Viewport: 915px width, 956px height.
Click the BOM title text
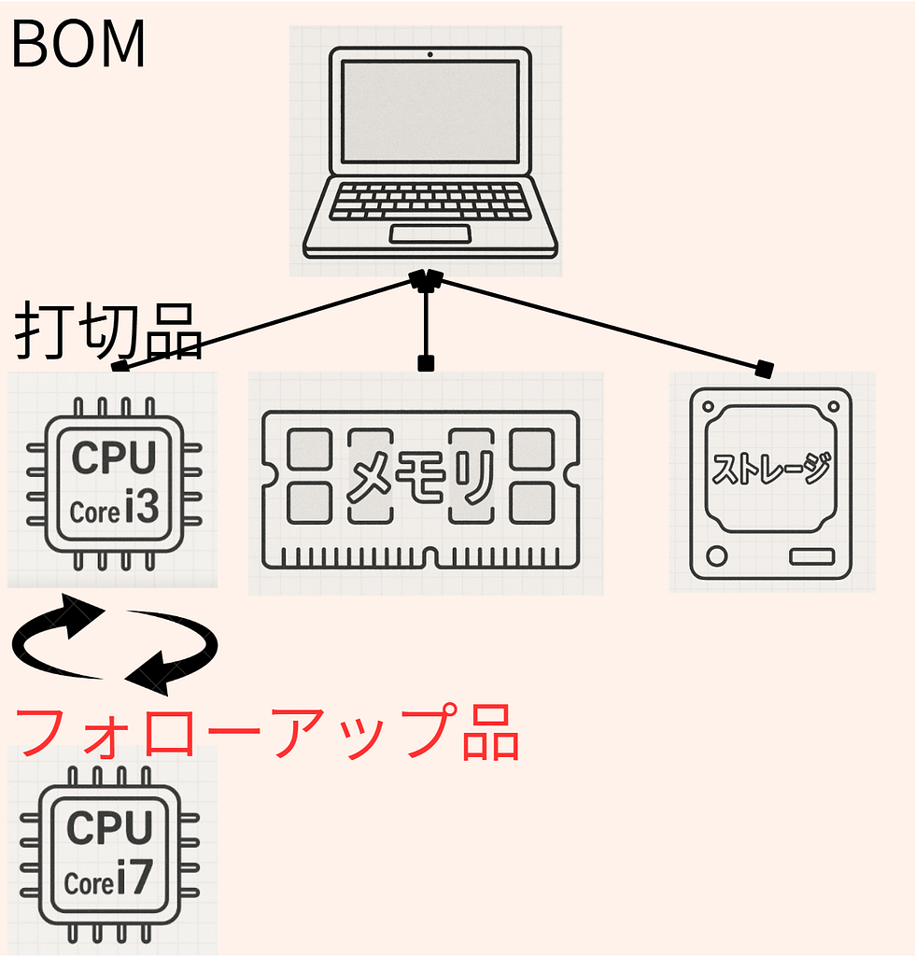coord(78,45)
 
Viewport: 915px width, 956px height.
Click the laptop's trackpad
coord(429,233)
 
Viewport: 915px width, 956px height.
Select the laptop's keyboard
coord(429,201)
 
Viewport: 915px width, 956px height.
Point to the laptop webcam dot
coord(429,53)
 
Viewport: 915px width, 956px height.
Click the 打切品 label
coord(108,330)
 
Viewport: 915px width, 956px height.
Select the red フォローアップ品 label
coord(267,732)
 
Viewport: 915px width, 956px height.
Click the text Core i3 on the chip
coord(115,511)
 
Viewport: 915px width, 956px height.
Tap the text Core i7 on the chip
coord(108,880)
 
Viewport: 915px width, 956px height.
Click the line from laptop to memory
coord(426,322)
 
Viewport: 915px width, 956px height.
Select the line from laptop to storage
coord(598,322)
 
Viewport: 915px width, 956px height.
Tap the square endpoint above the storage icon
coord(766,369)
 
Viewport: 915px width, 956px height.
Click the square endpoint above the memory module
coord(426,363)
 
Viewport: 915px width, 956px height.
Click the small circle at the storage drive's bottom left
coord(717,556)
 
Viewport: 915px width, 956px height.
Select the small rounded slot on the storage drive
coord(811,556)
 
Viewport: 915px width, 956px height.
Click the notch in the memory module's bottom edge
coord(426,558)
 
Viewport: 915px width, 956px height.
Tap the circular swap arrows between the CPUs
coord(114,644)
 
